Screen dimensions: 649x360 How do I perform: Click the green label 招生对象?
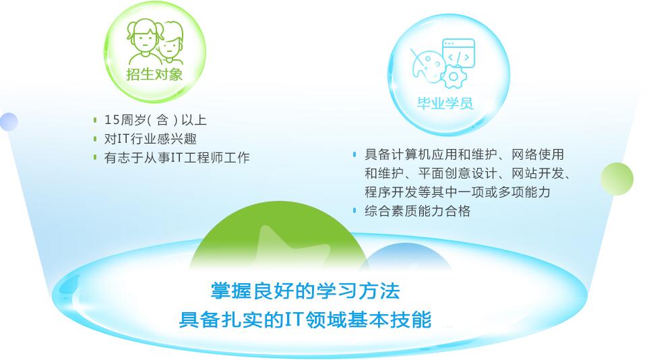click(154, 74)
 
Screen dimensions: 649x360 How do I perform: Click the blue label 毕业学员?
click(445, 103)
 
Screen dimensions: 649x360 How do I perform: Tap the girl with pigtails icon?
click(143, 41)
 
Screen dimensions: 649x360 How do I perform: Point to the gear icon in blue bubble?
click(454, 77)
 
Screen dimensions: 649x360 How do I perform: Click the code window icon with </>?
click(458, 53)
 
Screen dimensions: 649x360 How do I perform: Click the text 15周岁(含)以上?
click(155, 120)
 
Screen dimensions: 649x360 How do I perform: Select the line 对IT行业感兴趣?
click(150, 139)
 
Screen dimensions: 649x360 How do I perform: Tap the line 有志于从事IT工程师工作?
click(177, 158)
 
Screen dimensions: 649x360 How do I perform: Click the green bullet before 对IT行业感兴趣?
click(95, 139)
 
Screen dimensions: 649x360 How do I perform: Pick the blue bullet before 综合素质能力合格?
click(354, 210)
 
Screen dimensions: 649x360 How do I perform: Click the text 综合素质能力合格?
click(418, 211)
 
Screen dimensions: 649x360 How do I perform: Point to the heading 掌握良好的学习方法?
click(305, 291)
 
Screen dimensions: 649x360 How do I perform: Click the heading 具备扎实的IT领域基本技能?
click(305, 320)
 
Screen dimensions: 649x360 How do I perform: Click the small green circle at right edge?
click(617, 179)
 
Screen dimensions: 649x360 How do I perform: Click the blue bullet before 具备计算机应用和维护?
click(354, 154)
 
